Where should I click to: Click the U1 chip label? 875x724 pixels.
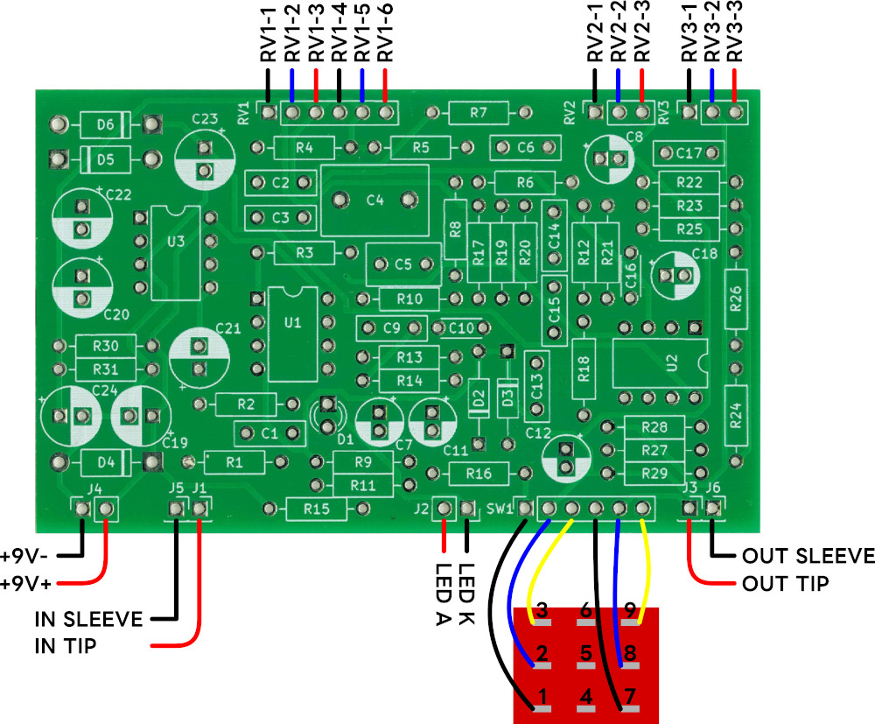(x=292, y=322)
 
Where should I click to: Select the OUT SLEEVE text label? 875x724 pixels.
(x=808, y=555)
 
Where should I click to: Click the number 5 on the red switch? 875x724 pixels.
(x=588, y=652)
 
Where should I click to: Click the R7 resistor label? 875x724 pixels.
(x=478, y=112)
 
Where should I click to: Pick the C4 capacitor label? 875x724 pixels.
(x=374, y=200)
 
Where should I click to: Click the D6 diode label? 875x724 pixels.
(x=105, y=125)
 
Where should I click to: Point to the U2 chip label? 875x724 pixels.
(x=672, y=363)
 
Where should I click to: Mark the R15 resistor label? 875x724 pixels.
(x=316, y=508)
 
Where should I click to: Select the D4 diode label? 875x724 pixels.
(x=105, y=460)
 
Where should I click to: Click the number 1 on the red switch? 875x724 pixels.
(x=542, y=697)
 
